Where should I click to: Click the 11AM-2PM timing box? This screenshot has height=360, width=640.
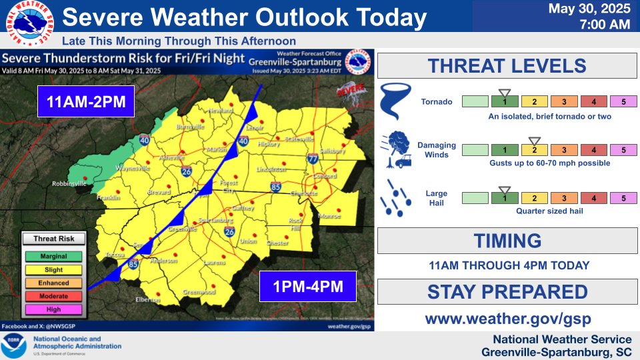[86, 101]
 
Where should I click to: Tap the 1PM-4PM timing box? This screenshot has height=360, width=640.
[308, 287]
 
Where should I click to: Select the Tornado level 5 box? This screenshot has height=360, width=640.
[623, 102]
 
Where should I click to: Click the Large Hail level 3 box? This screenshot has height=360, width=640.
[563, 197]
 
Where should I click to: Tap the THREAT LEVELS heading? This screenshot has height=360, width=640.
[507, 66]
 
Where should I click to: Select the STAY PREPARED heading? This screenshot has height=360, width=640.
[507, 292]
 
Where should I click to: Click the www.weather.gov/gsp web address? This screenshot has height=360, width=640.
[507, 318]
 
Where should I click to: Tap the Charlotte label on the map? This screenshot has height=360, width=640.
[305, 193]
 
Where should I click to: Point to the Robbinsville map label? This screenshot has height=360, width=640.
[70, 183]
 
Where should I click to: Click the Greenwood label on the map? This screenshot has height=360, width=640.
[199, 292]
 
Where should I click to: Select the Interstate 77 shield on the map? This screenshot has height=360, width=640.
[313, 158]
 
